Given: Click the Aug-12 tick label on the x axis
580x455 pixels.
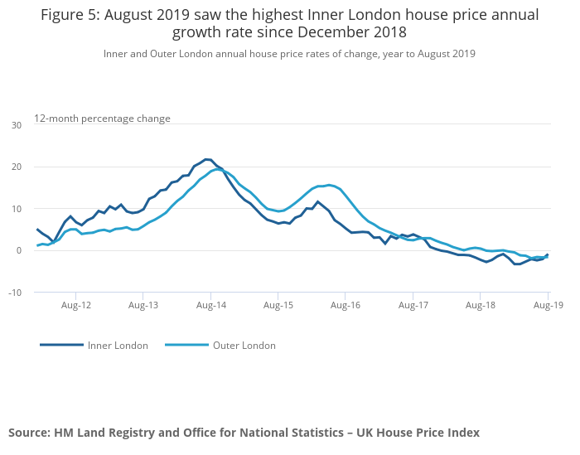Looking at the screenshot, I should (75, 306).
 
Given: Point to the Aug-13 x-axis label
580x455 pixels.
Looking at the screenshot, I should (143, 306).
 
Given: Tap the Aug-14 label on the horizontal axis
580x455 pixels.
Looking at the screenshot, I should (210, 306).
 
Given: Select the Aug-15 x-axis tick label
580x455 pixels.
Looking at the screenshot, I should (278, 306).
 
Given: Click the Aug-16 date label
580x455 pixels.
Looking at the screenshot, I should (345, 306).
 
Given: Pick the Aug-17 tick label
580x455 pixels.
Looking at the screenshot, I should (413, 306).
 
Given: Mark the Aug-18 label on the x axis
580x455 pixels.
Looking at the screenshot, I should (480, 306).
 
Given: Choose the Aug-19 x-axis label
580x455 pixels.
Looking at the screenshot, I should (547, 306).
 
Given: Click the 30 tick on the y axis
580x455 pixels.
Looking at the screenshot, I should (17, 125).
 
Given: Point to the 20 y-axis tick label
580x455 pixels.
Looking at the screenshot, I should (17, 167).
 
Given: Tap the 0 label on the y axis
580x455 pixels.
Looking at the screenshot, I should (19, 250).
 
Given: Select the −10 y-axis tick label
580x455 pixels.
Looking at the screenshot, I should (15, 293).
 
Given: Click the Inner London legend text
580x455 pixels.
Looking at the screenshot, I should (118, 346).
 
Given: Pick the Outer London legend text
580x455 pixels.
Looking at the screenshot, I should (244, 346).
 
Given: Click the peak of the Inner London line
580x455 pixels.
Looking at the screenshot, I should (207, 159).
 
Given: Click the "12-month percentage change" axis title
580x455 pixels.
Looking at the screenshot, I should (102, 119).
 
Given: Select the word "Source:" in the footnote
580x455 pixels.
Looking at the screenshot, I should (29, 433).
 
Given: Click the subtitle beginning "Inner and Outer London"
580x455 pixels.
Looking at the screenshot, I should (289, 54).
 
